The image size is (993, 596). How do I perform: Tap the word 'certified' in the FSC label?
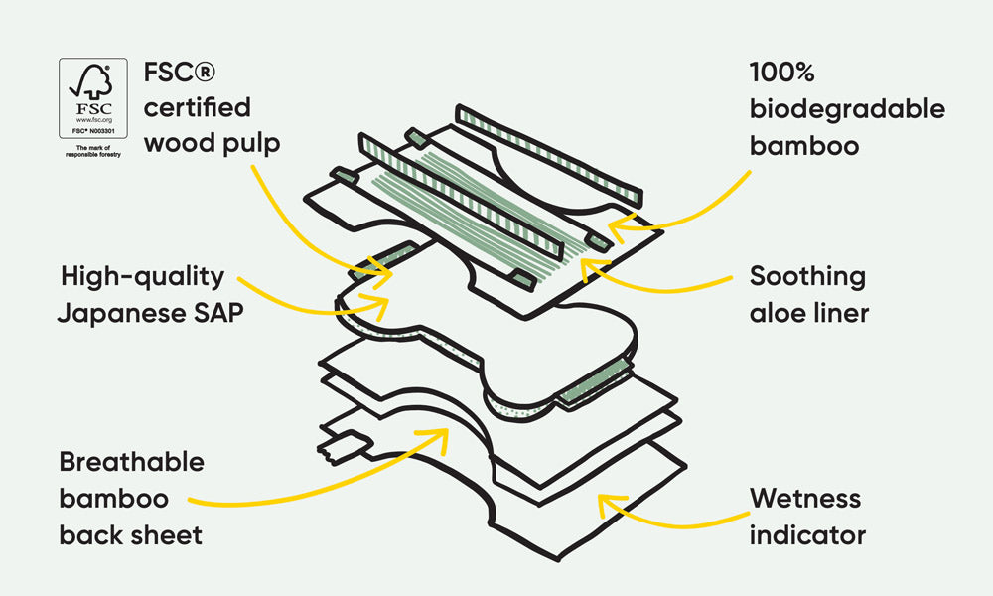(x=198, y=107)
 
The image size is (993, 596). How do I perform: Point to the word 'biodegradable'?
(x=847, y=109)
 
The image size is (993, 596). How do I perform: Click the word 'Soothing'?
(x=807, y=276)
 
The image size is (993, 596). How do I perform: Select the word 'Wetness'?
(x=805, y=498)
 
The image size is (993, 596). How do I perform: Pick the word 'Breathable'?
(x=131, y=462)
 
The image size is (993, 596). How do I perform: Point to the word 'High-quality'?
(x=142, y=276)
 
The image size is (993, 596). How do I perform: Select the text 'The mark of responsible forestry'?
(x=93, y=151)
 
